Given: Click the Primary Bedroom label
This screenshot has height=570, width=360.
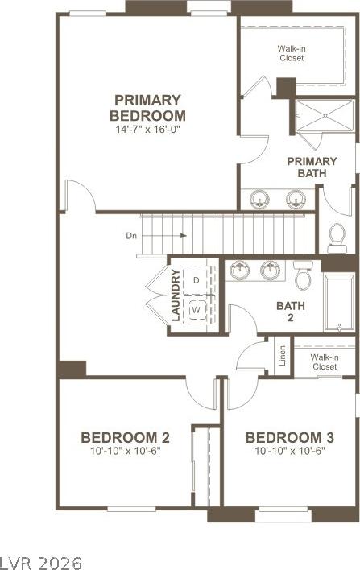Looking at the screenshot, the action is (147, 108).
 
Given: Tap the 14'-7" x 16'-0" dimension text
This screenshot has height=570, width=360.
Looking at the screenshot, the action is (148, 130).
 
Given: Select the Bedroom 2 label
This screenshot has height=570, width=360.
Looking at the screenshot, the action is (125, 437).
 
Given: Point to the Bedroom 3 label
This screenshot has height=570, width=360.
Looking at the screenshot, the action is (289, 437).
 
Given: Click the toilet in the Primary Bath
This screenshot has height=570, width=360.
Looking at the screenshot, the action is (337, 238).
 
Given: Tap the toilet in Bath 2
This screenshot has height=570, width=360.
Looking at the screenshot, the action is (304, 275).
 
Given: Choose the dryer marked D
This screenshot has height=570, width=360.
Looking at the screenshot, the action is (196, 280).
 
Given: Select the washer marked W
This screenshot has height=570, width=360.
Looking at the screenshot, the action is (197, 310).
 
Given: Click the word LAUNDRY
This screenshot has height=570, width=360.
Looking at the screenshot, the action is (176, 295).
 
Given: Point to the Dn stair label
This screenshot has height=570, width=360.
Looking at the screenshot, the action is (131, 236).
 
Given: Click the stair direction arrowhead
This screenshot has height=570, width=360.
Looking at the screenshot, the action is (184, 236).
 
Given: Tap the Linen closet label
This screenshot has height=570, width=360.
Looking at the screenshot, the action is (282, 355).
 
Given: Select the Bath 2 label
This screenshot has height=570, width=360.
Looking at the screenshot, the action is (291, 312).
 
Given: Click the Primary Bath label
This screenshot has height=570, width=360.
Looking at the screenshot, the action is (312, 167).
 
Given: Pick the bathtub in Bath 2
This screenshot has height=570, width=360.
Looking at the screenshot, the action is (339, 303).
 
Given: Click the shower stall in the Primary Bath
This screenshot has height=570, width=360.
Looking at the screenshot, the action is (325, 116).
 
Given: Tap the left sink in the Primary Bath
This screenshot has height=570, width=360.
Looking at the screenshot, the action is (259, 199).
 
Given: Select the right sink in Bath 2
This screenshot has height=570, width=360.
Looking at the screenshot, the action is (270, 271).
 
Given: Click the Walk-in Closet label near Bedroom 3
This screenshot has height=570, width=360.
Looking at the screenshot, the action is (325, 361).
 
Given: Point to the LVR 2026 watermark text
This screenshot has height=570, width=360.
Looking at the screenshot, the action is (41, 563).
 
